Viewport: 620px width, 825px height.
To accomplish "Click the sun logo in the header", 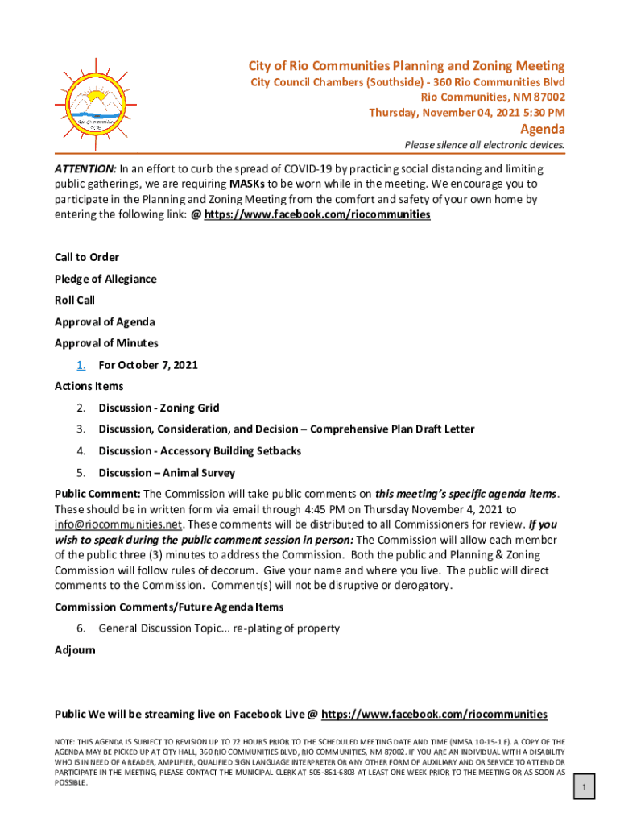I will coord(96,106).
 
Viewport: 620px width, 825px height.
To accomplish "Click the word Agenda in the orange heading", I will coord(542,130).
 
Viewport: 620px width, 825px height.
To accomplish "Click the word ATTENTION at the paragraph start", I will coord(85,169).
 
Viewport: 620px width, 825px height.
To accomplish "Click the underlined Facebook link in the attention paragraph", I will coord(317,215).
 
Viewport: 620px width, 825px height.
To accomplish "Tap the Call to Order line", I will coord(87,257).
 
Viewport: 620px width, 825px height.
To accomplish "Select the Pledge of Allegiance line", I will coord(105,279).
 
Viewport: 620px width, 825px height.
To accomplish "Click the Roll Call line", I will coord(75,300).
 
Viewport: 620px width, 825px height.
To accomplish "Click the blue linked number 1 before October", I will coord(81,365).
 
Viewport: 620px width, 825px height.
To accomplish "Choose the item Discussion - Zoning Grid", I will coord(159,408).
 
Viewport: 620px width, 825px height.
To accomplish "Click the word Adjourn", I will coord(75,649).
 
